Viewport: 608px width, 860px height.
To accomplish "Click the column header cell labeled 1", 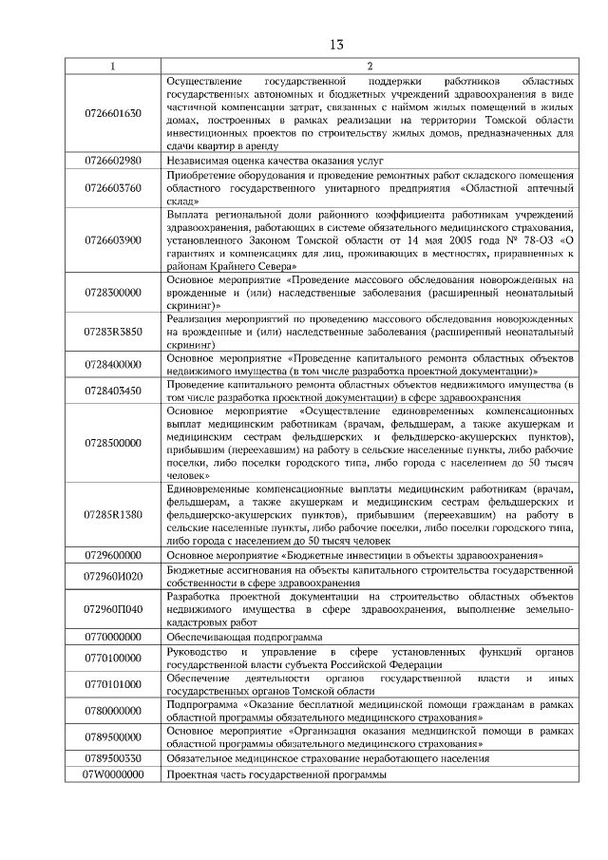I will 113,66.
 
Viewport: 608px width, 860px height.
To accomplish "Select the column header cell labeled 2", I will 368,66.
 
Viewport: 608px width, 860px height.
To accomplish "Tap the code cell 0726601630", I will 113,113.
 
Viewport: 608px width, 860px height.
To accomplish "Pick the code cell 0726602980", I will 113,160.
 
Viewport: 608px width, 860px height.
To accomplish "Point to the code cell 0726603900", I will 113,240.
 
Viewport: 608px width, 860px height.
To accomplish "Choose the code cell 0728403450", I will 113,390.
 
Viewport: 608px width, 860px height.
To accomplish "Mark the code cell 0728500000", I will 113,442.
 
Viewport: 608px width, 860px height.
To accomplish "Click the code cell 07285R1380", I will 113,513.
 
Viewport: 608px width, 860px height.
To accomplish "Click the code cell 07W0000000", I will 113,774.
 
